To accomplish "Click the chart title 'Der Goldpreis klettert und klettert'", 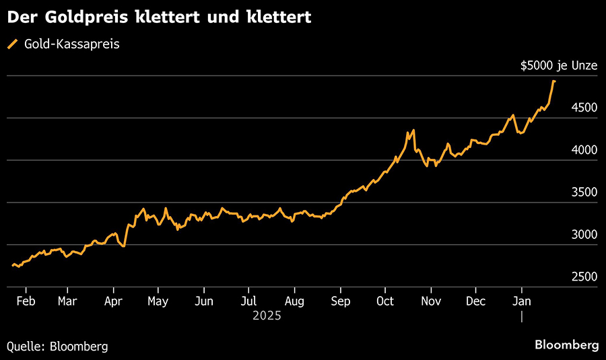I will (159, 17).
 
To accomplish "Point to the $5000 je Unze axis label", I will (559, 65).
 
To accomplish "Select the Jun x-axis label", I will (203, 301).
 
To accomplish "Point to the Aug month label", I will (294, 301).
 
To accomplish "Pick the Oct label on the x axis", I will (385, 301).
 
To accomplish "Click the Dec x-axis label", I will (475, 301).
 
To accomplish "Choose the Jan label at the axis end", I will (521, 301).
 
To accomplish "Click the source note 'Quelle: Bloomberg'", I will (57, 346).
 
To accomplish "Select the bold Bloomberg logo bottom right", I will (566, 345).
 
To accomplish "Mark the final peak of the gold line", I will (553, 81).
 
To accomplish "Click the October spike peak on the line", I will (413, 130).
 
